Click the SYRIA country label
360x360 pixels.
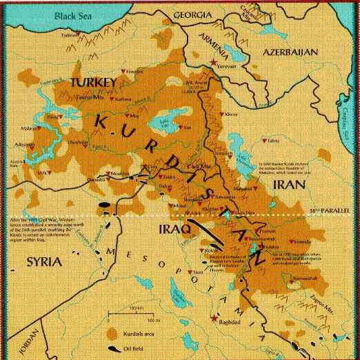tap(41, 263)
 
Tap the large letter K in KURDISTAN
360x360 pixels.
tap(99, 121)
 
